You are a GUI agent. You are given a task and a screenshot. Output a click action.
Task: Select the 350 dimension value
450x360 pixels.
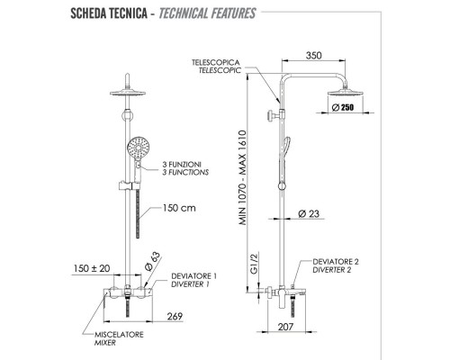tap(313, 54)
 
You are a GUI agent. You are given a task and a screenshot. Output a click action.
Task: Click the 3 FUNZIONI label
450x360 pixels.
tap(185, 165)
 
